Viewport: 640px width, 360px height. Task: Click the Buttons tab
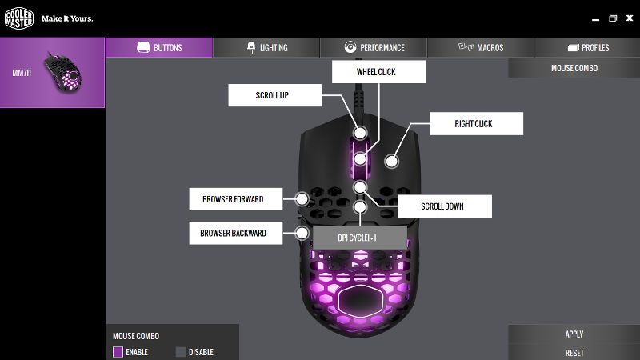click(159, 47)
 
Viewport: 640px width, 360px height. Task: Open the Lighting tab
click(266, 47)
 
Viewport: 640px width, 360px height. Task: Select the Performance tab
click(374, 47)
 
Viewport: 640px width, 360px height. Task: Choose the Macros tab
click(481, 47)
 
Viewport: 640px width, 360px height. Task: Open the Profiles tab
click(587, 47)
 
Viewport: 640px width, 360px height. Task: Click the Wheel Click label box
click(378, 72)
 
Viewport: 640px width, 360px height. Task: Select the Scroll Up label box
click(274, 95)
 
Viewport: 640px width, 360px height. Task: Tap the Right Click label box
click(476, 124)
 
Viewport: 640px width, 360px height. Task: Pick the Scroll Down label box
click(445, 206)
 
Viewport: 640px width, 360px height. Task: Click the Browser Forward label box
click(235, 199)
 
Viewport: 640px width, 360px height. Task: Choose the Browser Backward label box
click(235, 233)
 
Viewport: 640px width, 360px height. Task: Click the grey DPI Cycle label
click(359, 238)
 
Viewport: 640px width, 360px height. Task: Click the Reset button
click(574, 353)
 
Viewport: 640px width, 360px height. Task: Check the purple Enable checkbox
click(118, 352)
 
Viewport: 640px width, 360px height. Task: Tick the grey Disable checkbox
click(181, 352)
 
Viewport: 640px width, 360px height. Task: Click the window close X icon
click(630, 18)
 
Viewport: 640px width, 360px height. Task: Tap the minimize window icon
click(595, 19)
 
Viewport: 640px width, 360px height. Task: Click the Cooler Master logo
click(18, 18)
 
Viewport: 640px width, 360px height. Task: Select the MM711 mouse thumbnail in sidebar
click(63, 73)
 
